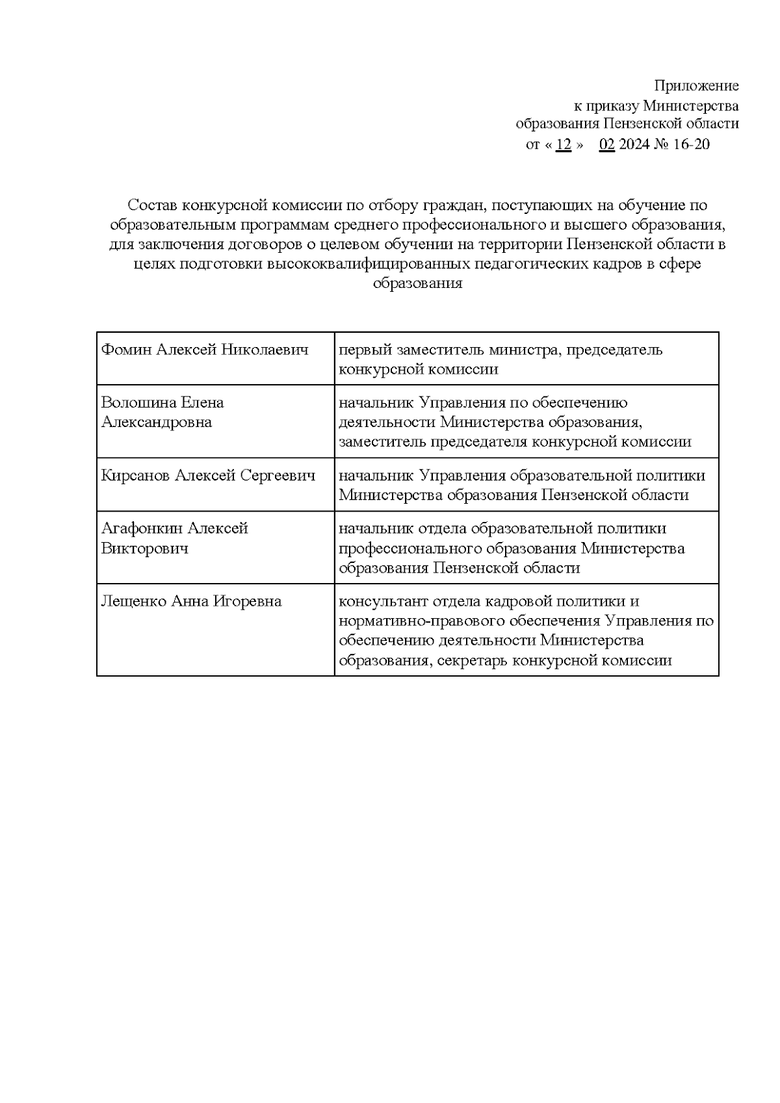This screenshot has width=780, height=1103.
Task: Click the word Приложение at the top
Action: coord(696,86)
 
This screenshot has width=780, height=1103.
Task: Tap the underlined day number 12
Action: coord(564,144)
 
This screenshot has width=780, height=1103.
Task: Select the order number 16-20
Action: coord(692,144)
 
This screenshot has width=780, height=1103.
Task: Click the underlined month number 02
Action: coord(606,144)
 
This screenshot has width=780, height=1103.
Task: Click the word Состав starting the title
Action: coord(153,205)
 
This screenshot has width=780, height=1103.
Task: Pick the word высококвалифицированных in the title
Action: coord(369,265)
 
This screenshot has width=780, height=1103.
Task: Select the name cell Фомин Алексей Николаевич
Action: coord(204,350)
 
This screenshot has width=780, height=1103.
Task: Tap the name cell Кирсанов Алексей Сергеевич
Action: coord(208,476)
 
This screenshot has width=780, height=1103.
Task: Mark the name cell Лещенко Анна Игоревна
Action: coord(191,601)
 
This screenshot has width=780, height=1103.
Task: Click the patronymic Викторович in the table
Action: coord(144,548)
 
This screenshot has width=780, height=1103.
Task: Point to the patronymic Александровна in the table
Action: coord(156,422)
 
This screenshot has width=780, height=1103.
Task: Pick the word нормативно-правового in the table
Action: coord(403,621)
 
